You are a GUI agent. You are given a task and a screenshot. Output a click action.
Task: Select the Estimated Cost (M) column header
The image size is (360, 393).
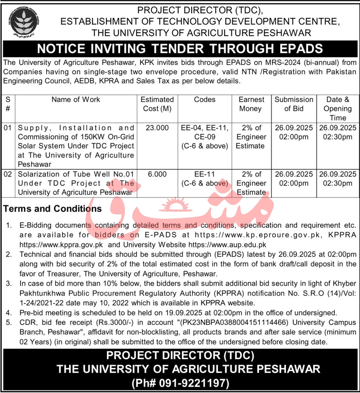pos(157,104)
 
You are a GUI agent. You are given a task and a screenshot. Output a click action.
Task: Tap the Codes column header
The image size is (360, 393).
pos(204,100)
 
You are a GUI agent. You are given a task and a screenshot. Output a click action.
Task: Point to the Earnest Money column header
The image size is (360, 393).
pos(251,104)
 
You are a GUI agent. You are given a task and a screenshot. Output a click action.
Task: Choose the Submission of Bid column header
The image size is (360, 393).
pos(294,104)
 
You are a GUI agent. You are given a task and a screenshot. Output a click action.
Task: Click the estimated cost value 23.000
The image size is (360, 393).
pos(157,128)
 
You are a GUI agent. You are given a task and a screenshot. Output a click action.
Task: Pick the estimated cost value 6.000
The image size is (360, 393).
pos(157,174)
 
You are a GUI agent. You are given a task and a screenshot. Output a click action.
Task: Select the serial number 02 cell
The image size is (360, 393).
pos(8,174)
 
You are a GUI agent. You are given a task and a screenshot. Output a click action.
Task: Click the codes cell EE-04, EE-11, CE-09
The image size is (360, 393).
pos(204,132)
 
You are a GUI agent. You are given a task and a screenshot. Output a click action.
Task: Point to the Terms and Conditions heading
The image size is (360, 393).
pos(52,209)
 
